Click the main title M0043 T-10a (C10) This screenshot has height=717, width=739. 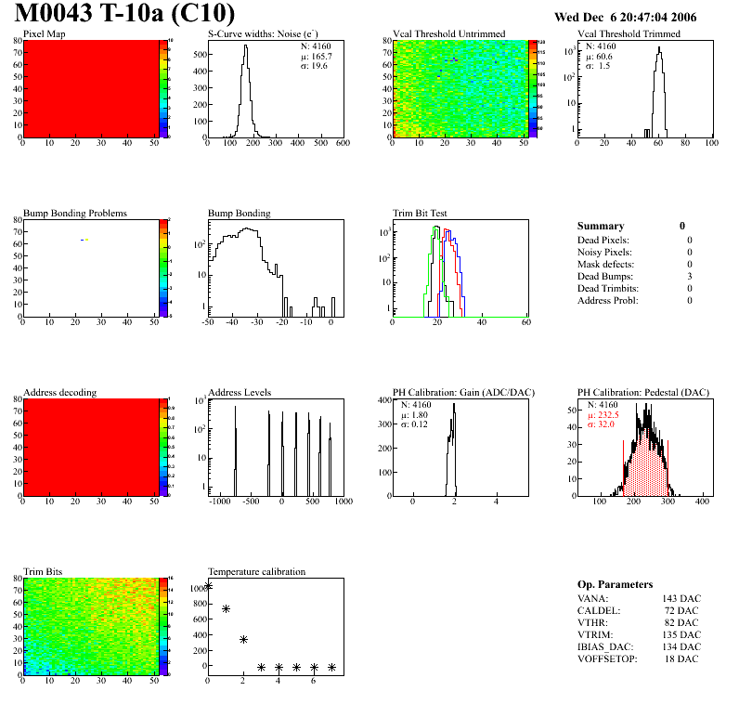[124, 14]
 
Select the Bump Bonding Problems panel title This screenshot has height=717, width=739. [75, 213]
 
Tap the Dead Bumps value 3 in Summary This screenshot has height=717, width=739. [690, 276]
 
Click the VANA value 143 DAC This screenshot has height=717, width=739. [682, 598]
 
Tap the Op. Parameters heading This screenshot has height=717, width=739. [615, 584]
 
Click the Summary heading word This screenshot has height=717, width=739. [601, 226]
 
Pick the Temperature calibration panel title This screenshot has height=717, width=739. [256, 571]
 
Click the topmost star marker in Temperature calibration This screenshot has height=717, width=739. [208, 585]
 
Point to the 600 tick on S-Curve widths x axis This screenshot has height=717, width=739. [343, 144]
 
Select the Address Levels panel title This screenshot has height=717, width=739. [240, 392]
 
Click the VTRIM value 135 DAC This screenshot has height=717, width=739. [682, 634]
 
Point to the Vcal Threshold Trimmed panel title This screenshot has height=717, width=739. [629, 33]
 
